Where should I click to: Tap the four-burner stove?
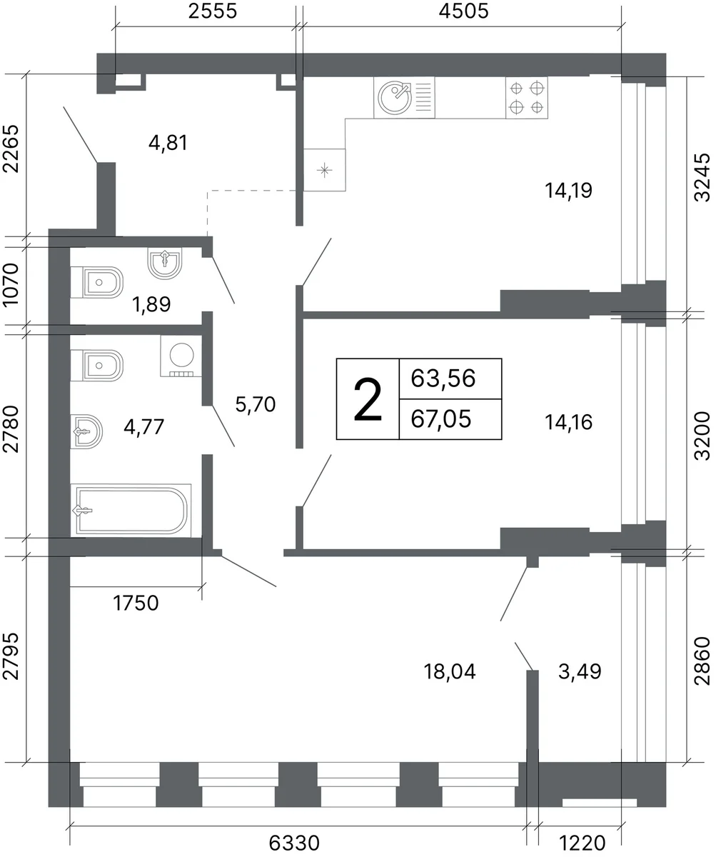point(526,98)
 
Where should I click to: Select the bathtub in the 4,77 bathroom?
point(131,511)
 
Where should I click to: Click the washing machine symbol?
point(181,356)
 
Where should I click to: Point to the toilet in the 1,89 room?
point(97,282)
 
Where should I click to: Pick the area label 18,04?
point(449,672)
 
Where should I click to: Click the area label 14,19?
point(568,191)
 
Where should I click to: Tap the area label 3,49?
point(580,672)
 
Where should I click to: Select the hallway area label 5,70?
point(256,404)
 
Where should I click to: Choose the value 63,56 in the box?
point(443,378)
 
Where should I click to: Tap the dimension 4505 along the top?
point(464,11)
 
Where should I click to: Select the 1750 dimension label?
point(136,603)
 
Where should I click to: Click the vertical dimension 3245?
point(702,177)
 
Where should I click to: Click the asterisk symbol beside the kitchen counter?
point(325,170)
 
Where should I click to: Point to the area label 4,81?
point(168,144)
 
